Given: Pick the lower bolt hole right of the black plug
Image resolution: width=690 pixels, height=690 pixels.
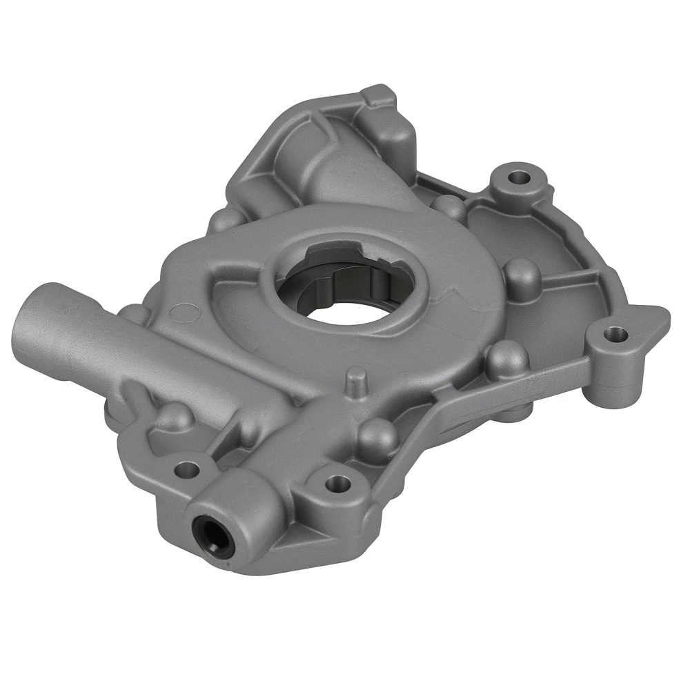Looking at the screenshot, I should tap(336, 481).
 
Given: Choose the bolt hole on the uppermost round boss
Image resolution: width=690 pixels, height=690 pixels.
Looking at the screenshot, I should tap(515, 176).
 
